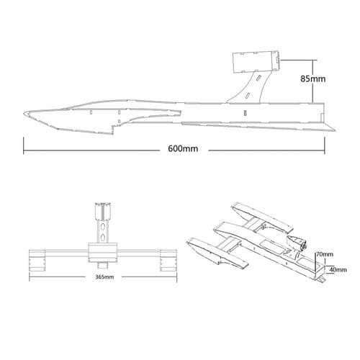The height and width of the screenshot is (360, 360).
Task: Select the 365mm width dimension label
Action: [104, 276]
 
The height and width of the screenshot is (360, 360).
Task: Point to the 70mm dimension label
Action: [325, 254]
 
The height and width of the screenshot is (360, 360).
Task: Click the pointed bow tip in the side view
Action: [25, 113]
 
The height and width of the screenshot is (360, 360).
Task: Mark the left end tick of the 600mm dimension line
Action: [24, 150]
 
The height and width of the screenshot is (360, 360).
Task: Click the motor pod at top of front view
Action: [102, 211]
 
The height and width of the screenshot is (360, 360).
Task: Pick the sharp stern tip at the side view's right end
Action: [334, 130]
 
